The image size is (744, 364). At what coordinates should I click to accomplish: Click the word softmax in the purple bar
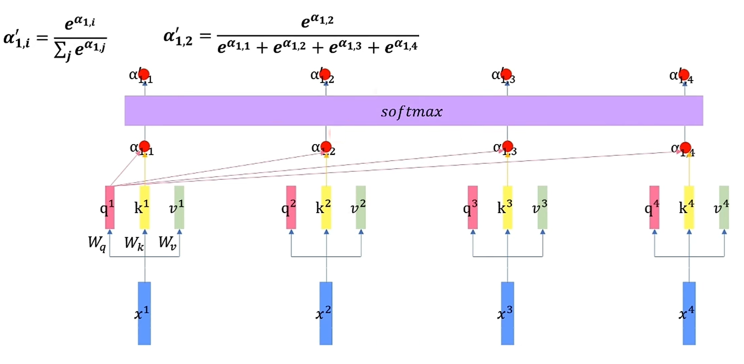coord(412,111)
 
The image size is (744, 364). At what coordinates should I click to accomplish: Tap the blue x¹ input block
coord(144,313)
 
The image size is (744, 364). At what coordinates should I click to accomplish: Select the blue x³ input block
coord(507,313)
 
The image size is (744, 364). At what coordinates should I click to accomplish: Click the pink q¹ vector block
coord(110,207)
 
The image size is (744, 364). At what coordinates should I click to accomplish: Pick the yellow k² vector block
coord(326,207)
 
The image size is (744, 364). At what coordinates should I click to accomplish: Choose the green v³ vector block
coord(542,207)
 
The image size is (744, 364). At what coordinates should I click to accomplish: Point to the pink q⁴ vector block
coord(654,207)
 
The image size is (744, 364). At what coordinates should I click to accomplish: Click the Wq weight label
coord(97,243)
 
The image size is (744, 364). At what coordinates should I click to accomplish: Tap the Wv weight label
coord(167,243)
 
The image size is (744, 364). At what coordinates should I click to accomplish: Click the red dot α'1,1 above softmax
coord(144,74)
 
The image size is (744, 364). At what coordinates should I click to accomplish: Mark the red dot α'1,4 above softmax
coord(684,74)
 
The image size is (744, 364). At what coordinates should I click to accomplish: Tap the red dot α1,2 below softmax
coord(326,146)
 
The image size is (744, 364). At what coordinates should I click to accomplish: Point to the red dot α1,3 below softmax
coord(507,146)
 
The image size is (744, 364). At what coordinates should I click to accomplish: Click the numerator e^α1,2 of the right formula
coord(317,20)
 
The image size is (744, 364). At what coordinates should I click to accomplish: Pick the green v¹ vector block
coord(179,207)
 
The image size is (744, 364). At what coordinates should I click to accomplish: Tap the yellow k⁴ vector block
coord(689,207)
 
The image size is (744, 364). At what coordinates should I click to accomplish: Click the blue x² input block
coord(326,313)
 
